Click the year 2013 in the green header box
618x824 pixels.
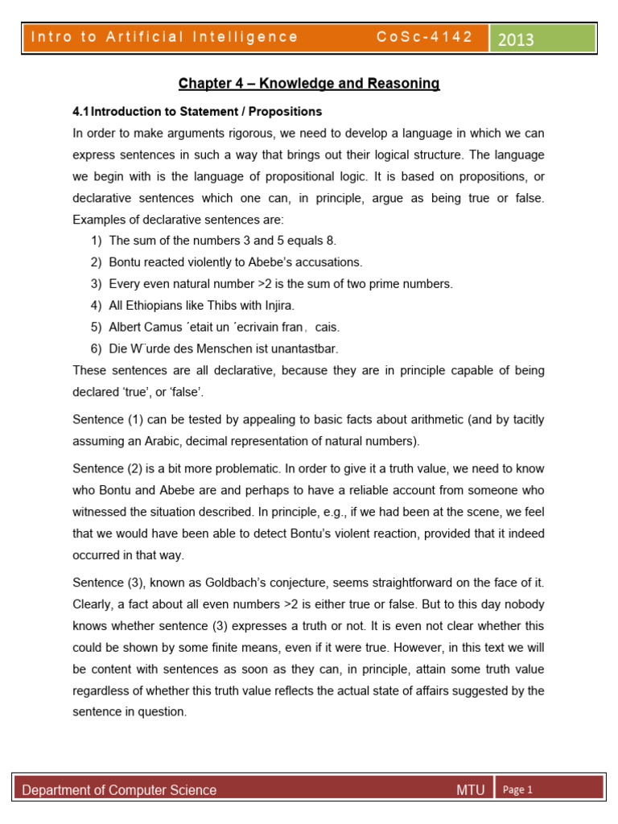pos(516,39)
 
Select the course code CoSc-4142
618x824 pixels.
pos(424,37)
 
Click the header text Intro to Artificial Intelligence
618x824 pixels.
pos(163,37)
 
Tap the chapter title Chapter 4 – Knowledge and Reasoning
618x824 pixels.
pos(309,84)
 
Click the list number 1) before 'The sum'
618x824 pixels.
pos(97,240)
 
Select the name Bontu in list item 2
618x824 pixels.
pos(125,262)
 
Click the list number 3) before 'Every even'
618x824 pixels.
pos(97,283)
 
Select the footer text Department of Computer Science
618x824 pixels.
pos(119,790)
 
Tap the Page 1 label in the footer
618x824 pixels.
pos(518,789)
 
